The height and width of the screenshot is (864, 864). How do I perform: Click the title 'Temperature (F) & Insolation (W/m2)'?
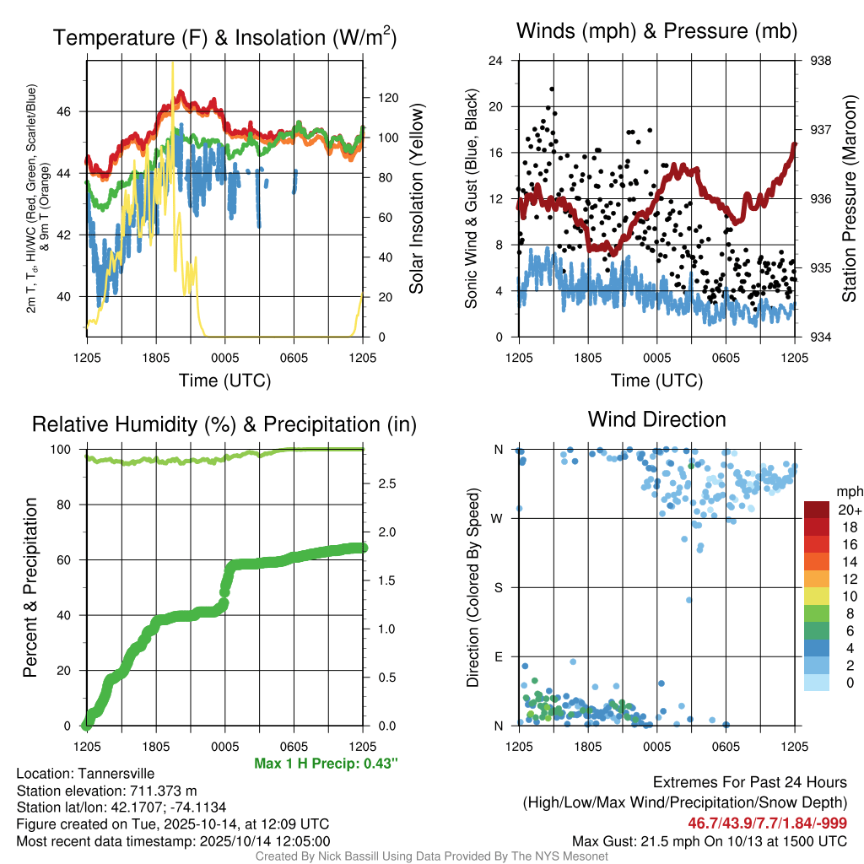tap(224, 37)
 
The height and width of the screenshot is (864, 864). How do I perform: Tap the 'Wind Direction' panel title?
tap(656, 419)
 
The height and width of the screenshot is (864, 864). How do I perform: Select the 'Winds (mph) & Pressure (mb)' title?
tap(656, 32)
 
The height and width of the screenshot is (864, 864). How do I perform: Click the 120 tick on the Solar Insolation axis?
tap(377, 97)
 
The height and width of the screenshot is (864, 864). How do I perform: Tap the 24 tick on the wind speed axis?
tap(497, 61)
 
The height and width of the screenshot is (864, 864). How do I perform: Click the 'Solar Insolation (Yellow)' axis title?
tap(416, 198)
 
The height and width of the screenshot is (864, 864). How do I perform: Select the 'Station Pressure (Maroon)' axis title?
tap(849, 198)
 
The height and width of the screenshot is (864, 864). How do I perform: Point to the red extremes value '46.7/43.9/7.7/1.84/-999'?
tap(768, 823)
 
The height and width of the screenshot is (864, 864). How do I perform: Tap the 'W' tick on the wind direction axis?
tap(498, 518)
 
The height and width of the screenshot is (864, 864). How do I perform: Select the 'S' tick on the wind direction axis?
tap(498, 587)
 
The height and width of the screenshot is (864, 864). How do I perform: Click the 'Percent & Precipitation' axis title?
tap(30, 587)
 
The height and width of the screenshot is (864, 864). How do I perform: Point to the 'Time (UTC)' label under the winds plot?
tap(656, 381)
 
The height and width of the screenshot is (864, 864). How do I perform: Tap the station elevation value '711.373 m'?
tap(154, 791)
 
